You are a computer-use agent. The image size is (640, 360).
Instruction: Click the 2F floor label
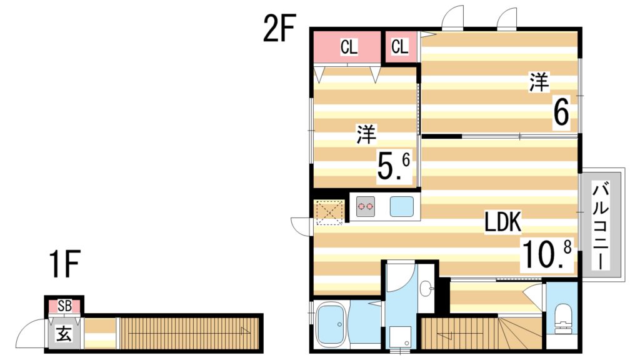point(278,29)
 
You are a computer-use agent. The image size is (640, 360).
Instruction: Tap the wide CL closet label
point(349,47)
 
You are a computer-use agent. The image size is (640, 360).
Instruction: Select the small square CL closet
point(400,47)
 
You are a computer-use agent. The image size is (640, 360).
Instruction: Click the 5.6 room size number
point(394,166)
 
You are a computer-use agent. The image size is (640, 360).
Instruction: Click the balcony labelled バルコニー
point(601,225)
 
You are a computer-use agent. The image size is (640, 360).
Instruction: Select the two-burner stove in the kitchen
point(366,206)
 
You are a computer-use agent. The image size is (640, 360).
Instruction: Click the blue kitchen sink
point(402,206)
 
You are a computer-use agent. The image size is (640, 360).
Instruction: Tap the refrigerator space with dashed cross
point(330,211)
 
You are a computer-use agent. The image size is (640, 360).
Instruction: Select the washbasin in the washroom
point(427,288)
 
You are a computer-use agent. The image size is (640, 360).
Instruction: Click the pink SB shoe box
point(64,306)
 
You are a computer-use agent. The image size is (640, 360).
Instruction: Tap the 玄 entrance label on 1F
point(64,332)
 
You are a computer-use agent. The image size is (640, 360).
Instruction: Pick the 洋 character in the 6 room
point(538,83)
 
